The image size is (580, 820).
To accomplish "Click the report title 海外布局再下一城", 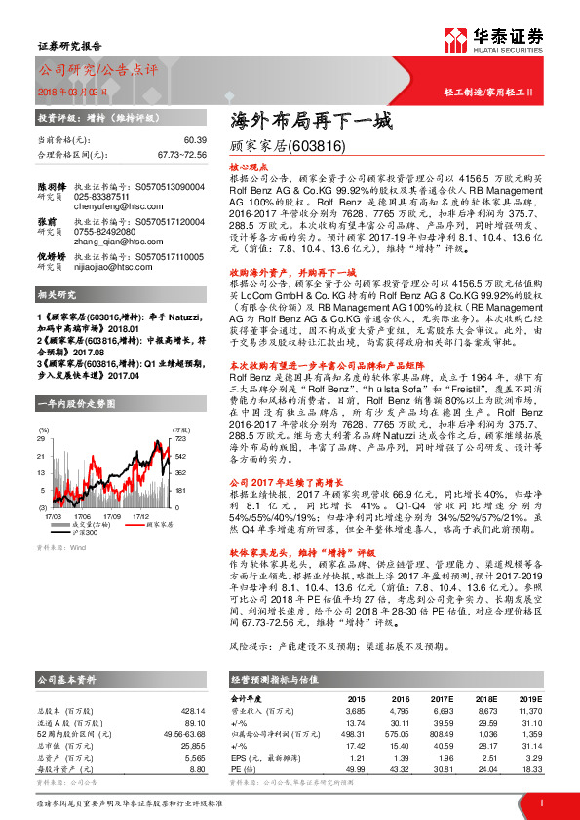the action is pyautogui.click(x=310, y=122).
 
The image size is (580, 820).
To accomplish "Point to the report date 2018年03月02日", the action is pyautogui.click(x=73, y=93).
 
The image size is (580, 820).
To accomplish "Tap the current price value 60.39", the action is pyautogui.click(x=194, y=141).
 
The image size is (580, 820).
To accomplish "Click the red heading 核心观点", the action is pyautogui.click(x=248, y=167).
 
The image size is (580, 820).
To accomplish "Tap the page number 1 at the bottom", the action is pyautogui.click(x=539, y=801).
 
